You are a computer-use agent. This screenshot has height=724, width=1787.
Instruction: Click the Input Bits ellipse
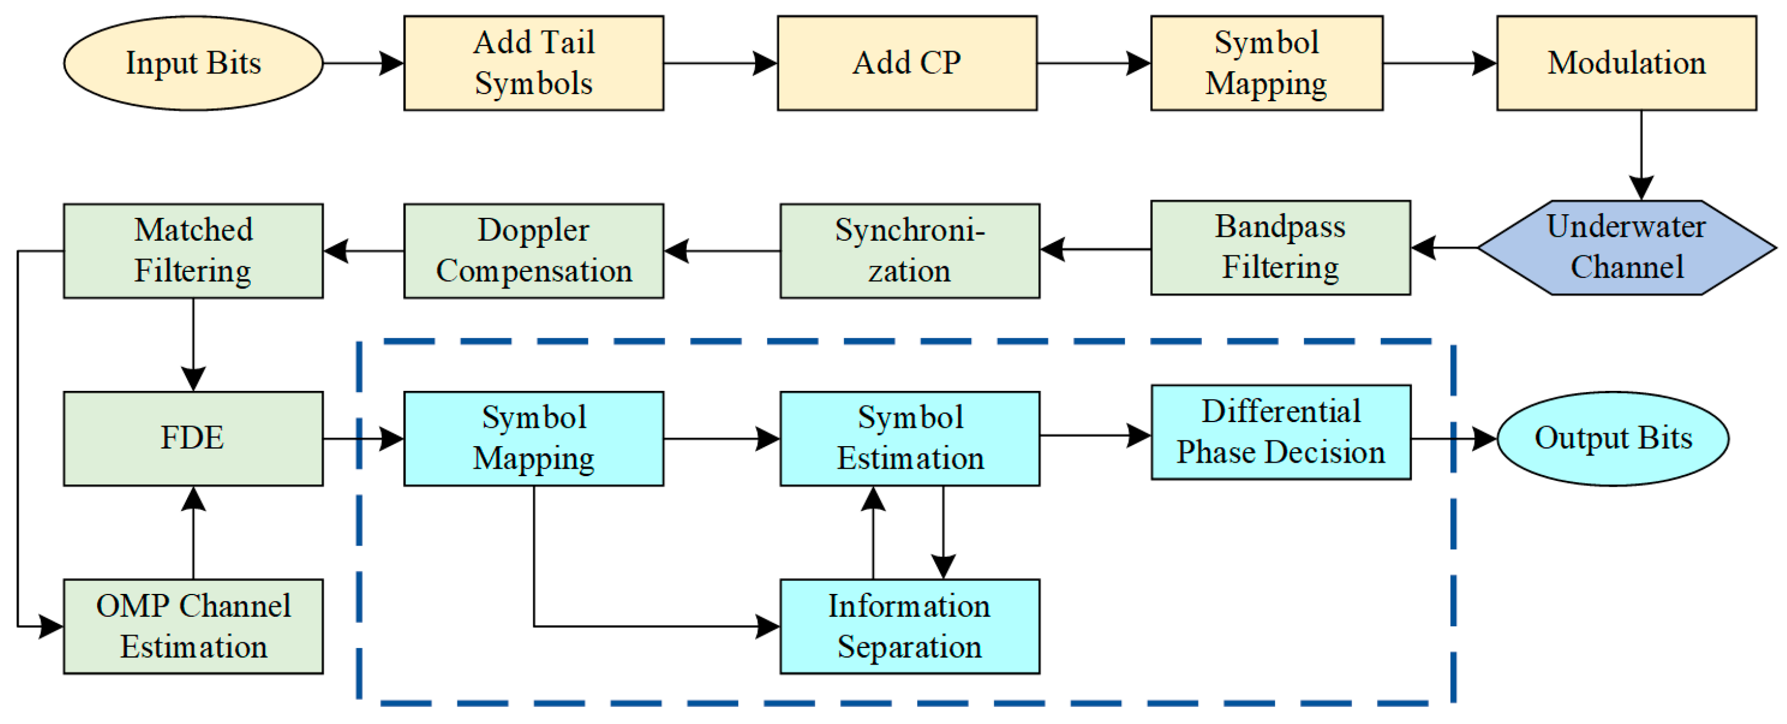(193, 63)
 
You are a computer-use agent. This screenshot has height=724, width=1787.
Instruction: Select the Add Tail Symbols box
(533, 63)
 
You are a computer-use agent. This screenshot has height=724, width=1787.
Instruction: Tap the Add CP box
(906, 63)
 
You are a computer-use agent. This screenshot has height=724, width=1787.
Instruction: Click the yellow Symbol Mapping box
(1266, 63)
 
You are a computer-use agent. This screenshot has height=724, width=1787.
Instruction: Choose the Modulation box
(1626, 63)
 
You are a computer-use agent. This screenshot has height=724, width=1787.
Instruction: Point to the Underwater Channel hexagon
(1626, 248)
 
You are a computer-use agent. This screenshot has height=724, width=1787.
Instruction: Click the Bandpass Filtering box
(1280, 248)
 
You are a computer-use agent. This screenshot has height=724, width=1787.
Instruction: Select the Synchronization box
(909, 250)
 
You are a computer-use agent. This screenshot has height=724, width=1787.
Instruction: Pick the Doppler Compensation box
(533, 250)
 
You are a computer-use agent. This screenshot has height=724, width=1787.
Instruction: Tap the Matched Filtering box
(193, 250)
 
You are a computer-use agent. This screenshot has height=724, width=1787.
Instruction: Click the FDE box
(193, 439)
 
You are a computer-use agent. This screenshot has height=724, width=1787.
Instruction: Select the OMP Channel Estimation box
(193, 626)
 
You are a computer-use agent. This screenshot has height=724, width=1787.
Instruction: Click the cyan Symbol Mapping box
(533, 439)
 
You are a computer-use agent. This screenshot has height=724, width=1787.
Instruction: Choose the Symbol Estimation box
(909, 439)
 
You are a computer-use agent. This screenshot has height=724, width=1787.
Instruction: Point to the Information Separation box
(909, 626)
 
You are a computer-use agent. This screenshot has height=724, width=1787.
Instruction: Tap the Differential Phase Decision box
(1280, 432)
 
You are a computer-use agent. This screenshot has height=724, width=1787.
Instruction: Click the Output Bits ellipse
(1612, 439)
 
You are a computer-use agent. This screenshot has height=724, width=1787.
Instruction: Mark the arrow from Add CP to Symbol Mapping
(1092, 63)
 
